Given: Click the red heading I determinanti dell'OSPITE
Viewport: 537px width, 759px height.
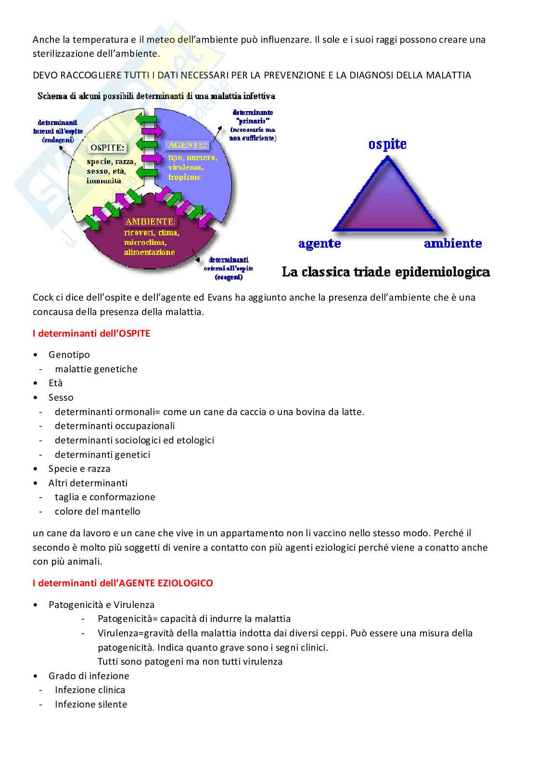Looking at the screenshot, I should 91,333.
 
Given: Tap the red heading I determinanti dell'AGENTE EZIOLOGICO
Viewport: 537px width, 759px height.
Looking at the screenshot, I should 123,583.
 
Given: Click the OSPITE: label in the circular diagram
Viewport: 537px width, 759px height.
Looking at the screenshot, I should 107,148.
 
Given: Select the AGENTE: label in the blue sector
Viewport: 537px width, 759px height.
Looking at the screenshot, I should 187,145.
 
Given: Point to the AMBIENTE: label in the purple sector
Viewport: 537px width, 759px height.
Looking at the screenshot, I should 150,222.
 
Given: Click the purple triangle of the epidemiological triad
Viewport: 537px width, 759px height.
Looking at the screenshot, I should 388,202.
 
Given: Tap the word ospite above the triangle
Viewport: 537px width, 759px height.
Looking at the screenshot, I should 387,144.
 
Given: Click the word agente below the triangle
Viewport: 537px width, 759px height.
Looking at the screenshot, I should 320,244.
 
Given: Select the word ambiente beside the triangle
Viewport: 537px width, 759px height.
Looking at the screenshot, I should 453,243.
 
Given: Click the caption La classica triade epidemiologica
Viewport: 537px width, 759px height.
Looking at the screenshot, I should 386,272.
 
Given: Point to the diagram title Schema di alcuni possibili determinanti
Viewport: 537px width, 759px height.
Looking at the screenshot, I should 156,96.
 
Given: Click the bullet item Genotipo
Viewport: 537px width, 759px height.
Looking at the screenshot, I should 69,354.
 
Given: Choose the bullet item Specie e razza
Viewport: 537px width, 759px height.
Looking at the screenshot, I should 79,468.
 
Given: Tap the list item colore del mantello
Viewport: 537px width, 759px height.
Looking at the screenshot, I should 98,511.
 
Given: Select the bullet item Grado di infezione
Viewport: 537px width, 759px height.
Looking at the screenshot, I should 89,676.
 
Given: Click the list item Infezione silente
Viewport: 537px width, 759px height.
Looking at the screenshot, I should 91,704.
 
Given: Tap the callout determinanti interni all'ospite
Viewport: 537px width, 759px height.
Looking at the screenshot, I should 58,131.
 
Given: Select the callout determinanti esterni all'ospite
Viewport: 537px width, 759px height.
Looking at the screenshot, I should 229,268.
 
